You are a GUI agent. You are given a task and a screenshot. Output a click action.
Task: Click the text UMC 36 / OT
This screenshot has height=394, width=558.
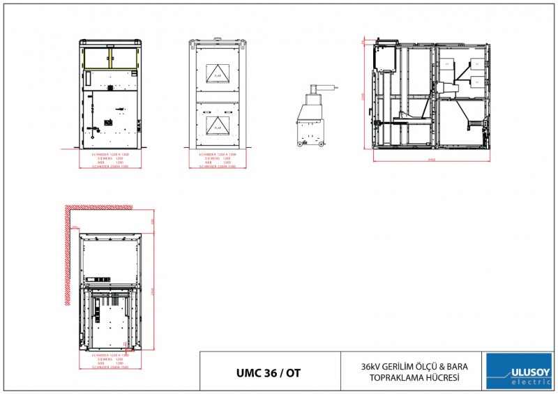point(269,372)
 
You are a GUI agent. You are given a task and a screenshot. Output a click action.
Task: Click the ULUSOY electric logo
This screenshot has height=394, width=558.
point(518,371)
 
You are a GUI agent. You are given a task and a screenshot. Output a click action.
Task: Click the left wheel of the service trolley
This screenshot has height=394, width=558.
point(301,144)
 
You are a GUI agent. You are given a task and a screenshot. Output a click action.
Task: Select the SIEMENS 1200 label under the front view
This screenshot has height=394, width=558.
point(110,158)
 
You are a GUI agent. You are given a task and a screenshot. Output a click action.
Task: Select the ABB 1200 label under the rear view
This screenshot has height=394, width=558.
point(217,162)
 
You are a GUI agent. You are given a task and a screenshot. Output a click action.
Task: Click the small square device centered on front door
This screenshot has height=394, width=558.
point(108,123)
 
